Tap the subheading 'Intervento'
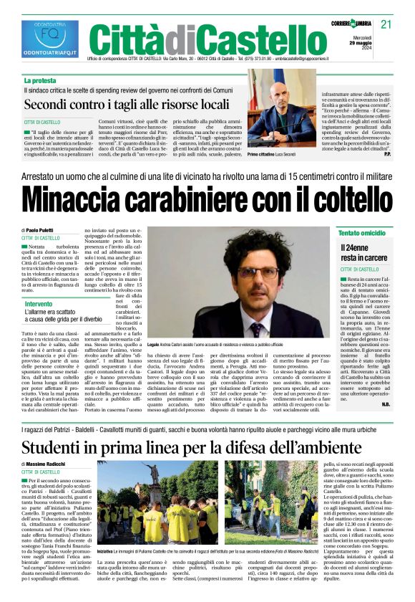point(39,285)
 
